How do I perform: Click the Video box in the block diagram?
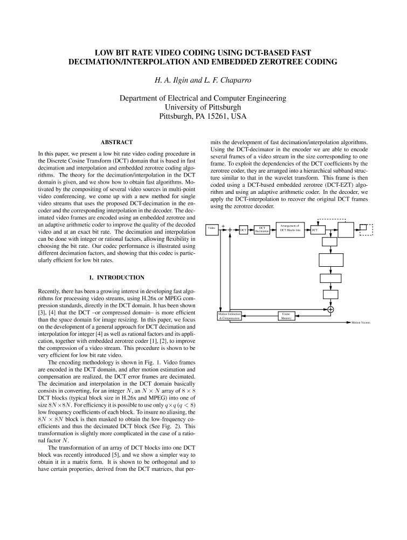pyautogui.click(x=212, y=229)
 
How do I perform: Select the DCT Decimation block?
pyautogui.click(x=262, y=229)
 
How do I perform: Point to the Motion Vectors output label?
pyautogui.click(x=361, y=322)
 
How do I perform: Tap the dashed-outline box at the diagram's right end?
pyautogui.click(x=367, y=229)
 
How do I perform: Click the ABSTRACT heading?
pyautogui.click(x=116, y=142)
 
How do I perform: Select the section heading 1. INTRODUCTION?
pyautogui.click(x=116, y=278)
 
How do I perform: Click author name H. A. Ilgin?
pyautogui.click(x=172, y=81)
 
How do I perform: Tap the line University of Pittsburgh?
pyautogui.click(x=203, y=107)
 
